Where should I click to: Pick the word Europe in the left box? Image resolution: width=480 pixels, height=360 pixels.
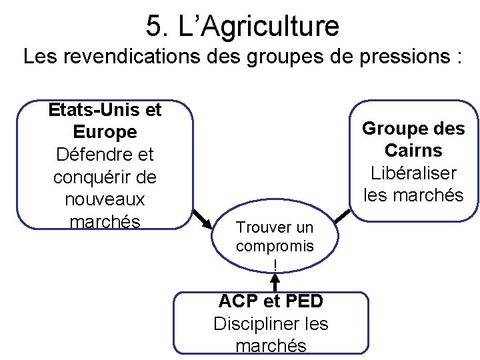click(105, 131)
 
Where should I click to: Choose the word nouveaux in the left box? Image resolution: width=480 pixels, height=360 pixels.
click(105, 199)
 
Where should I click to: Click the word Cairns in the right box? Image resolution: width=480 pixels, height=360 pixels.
click(413, 150)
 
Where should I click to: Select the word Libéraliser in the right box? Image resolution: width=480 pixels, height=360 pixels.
click(413, 173)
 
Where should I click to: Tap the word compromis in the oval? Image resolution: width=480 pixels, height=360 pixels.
click(275, 245)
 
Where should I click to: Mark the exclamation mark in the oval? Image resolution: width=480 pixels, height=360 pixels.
click(275, 264)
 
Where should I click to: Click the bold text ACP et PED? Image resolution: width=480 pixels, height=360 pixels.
click(271, 301)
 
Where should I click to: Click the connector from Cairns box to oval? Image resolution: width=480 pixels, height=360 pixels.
click(343, 215)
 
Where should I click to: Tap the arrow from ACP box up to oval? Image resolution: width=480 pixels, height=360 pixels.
click(274, 282)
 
